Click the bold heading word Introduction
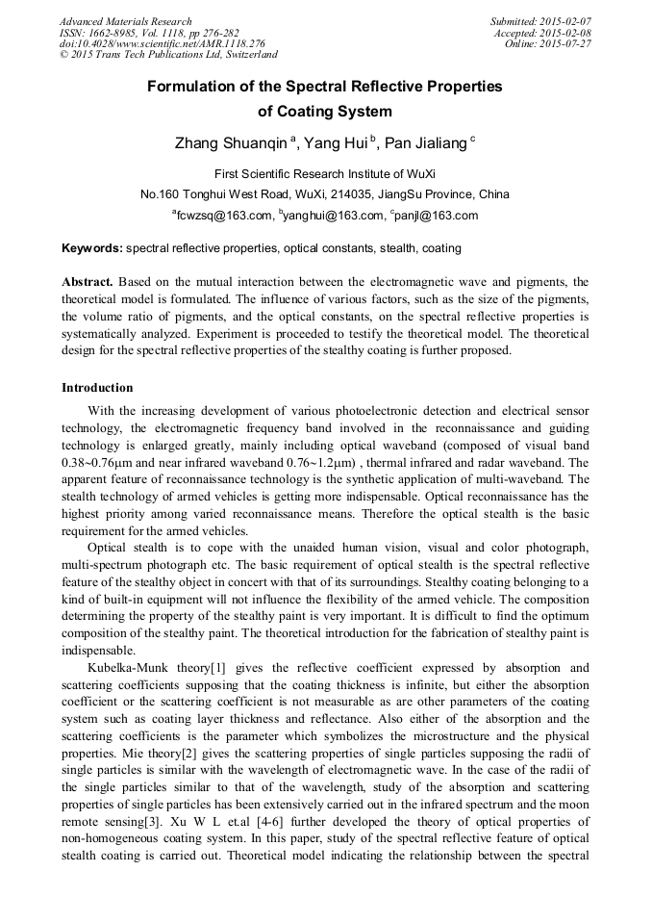click(97, 388)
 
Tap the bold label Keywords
click(91, 248)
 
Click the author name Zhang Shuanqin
click(231, 143)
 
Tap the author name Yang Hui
click(333, 143)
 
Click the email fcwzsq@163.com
click(222, 216)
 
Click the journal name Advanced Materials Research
click(125, 21)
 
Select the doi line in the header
click(162, 43)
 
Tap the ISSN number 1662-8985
click(117, 33)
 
